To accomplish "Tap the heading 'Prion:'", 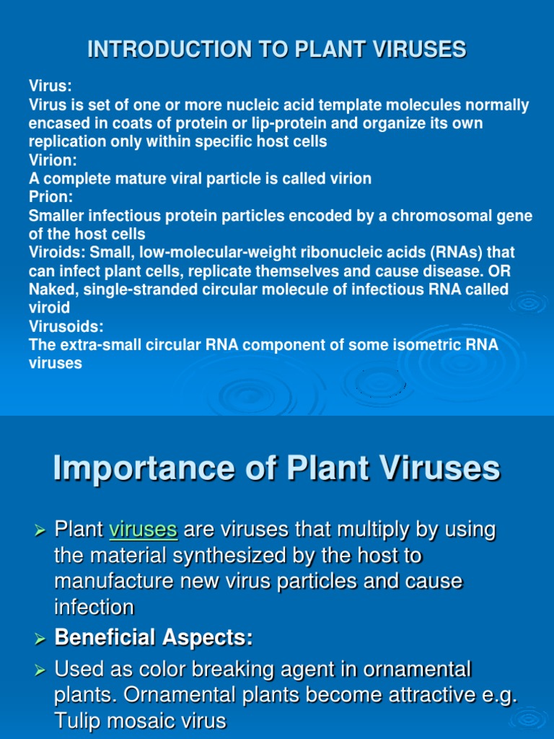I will [x=48, y=197].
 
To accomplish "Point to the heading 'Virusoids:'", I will [x=63, y=326].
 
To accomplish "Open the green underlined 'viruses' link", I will [x=143, y=530].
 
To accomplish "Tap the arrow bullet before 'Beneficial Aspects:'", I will [x=40, y=639].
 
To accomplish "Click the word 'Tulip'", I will [x=79, y=722].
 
